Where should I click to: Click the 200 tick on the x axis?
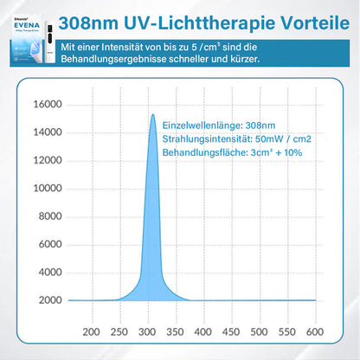pos(93,331)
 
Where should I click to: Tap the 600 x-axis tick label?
pos(314,331)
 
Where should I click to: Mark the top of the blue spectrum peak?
pos(153,115)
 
